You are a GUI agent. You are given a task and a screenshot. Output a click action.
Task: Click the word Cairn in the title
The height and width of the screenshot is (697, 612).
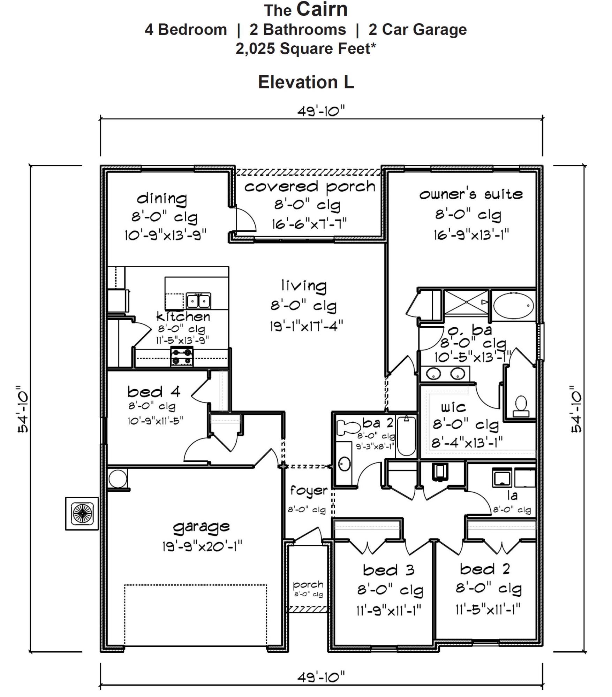coord(322,9)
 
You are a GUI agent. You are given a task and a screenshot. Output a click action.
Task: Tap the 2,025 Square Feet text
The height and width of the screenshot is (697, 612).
coord(306,48)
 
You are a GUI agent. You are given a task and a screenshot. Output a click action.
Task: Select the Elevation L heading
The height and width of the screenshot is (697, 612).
coord(306,83)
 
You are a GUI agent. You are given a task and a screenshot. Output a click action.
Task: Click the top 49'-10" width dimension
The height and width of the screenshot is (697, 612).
coord(321,112)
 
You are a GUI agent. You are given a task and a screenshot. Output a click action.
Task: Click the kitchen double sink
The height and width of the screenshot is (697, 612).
coord(198,301)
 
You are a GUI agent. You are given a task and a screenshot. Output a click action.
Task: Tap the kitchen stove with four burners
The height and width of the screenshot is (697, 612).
coord(182,357)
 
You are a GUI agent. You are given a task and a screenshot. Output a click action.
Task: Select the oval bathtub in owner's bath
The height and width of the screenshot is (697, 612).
coord(513,306)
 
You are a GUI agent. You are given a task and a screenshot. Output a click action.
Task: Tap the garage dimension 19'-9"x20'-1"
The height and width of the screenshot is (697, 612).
coord(202,546)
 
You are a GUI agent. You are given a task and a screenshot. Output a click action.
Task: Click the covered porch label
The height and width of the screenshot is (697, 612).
coord(310,187)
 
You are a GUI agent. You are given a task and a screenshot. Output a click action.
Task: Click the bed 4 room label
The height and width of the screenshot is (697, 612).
coord(154,392)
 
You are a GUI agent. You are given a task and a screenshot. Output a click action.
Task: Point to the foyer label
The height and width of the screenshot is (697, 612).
coord(309,491)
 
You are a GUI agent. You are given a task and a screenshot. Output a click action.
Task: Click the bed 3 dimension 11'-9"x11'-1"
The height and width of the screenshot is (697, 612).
coord(388,610)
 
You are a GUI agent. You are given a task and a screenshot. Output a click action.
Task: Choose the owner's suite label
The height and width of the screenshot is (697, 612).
coord(471,194)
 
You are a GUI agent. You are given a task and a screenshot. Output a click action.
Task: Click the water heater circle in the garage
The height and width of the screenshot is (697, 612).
coord(118,478)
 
